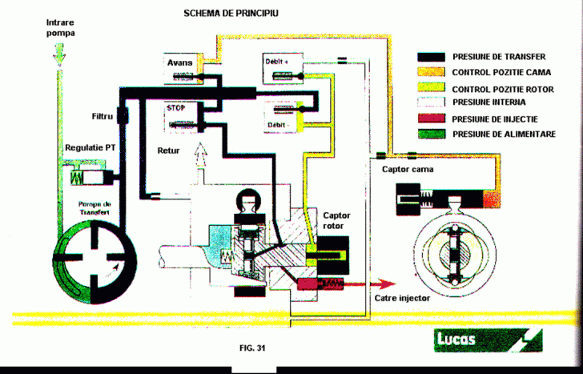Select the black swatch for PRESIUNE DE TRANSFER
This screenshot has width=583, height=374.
tap(432, 58)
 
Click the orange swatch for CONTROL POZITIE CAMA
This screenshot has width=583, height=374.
tap(432, 73)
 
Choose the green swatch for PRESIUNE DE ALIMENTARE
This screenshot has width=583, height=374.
tap(432, 134)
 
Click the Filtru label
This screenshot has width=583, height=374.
tap(102, 117)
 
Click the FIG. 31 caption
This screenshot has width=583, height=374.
tap(251, 348)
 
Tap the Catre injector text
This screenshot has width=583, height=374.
tap(403, 298)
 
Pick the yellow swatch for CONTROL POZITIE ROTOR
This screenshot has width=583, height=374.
tap(432, 88)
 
